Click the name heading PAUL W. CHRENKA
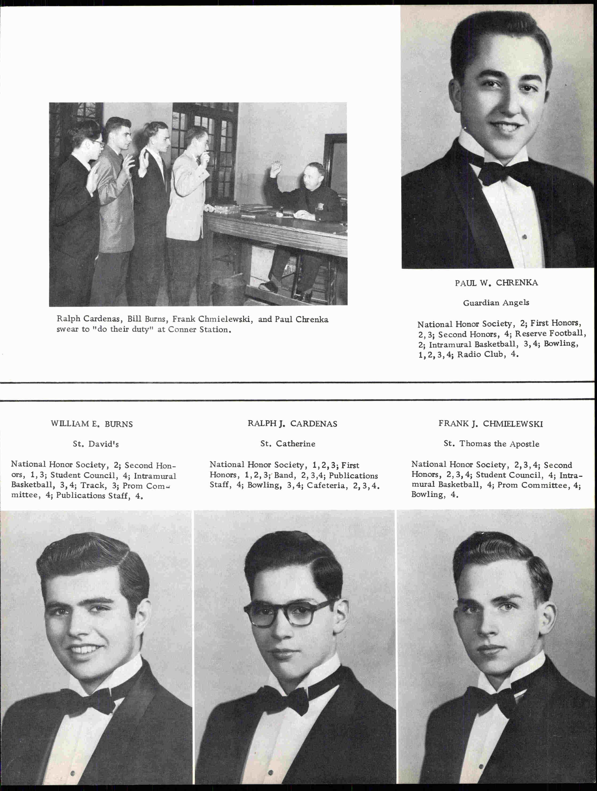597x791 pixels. tap(496, 283)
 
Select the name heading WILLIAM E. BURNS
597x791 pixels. tap(92, 424)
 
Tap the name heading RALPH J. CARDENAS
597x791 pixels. tap(292, 424)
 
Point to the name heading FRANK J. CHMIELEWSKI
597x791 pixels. tap(490, 424)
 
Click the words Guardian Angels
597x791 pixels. tap(496, 303)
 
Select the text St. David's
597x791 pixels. tap(95, 444)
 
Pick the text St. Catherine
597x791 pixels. tap(288, 444)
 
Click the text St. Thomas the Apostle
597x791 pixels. tap(491, 444)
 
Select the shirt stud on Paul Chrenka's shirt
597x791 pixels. tap(524, 237)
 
